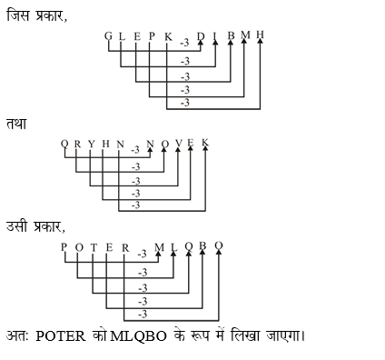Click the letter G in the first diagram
pos(108,36)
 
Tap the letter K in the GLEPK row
pos(168,36)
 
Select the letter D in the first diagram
pos(201,37)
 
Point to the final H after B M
pos(261,35)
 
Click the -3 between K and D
pos(184,43)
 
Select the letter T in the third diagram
pos(94,247)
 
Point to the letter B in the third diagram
pos(204,247)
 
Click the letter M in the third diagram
pos(160,248)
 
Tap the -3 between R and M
pos(142,255)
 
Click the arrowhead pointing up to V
pos(177,152)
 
